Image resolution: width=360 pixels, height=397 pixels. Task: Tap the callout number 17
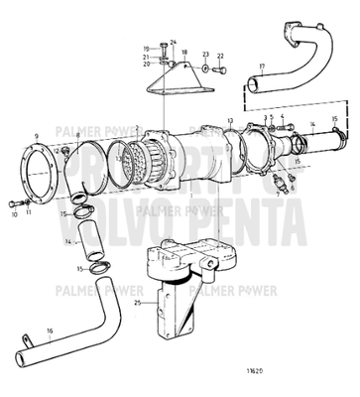click(261, 67)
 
